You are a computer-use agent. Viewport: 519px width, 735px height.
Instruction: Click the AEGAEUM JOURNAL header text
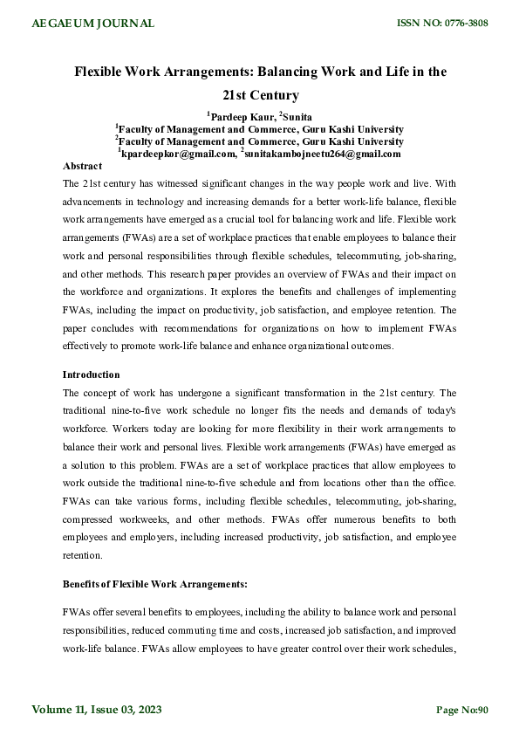click(93, 24)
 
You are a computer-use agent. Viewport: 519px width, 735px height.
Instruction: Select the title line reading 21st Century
click(258, 95)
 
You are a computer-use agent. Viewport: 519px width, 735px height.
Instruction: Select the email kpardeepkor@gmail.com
click(180, 154)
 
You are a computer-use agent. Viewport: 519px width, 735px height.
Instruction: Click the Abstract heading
click(83, 165)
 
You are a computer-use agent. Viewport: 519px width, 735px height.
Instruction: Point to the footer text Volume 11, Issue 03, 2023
click(98, 709)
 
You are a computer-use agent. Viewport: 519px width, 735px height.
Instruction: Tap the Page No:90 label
click(462, 710)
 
